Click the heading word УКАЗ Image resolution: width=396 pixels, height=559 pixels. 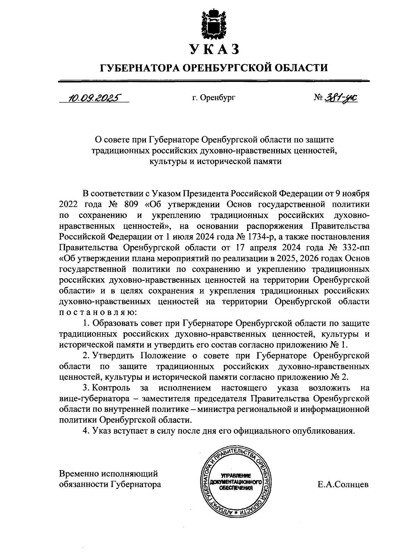214,50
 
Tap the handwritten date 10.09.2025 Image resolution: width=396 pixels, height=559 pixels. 94,97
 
